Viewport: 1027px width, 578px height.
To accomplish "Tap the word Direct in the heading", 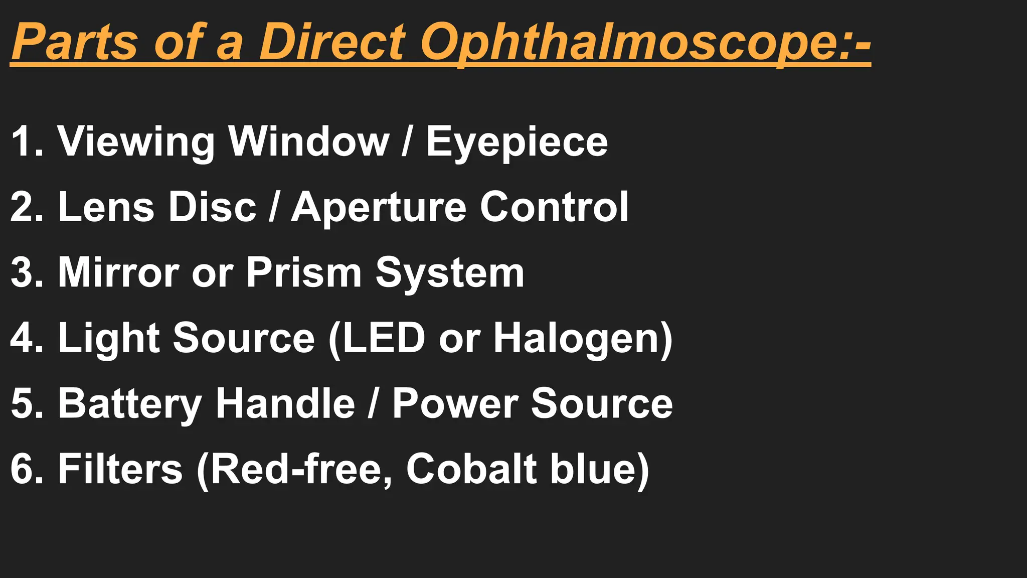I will (332, 42).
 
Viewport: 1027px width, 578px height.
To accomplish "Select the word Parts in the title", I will (74, 42).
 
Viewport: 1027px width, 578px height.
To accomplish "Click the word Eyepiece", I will (517, 142).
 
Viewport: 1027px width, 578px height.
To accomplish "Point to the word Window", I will (309, 141).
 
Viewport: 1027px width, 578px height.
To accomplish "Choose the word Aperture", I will (379, 208).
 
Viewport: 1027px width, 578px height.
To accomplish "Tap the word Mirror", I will (118, 272).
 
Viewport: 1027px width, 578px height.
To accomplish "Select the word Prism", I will (303, 272).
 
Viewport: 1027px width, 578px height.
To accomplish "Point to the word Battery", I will (130, 404).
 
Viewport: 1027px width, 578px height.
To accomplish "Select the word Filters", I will (120, 469).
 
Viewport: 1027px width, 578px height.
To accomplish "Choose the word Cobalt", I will (471, 469).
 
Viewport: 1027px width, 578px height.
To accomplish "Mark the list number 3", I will (22, 272).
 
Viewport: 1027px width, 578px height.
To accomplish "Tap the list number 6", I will (22, 469).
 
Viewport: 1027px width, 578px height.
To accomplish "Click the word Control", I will (554, 207).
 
